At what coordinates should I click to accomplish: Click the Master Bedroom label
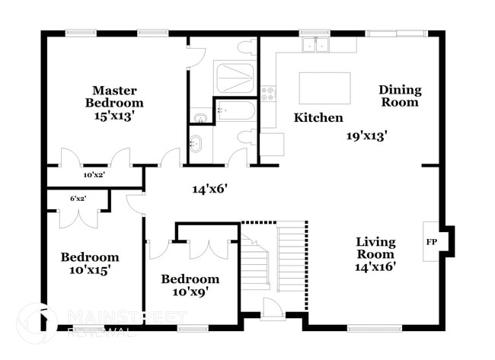tap(114, 96)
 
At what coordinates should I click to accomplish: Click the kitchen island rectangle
tap(324, 88)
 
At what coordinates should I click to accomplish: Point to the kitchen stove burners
tap(268, 94)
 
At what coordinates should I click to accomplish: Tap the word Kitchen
tap(318, 118)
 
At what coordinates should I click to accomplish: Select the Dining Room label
tap(400, 96)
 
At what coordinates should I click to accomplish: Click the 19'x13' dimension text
tap(367, 136)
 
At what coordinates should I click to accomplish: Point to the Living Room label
tap(375, 248)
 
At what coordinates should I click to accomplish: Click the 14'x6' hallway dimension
tap(209, 187)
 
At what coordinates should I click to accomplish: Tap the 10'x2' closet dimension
tap(94, 175)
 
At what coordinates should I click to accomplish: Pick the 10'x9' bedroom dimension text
tap(184, 292)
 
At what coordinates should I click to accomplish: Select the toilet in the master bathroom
tap(246, 48)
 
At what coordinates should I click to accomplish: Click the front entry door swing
tap(273, 307)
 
